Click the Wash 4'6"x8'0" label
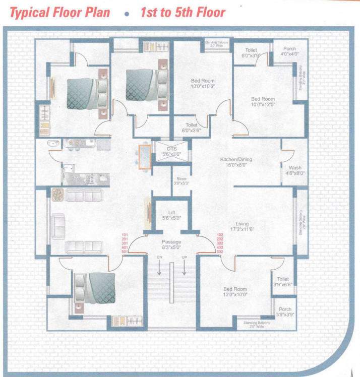(x=295, y=170)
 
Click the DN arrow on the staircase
(x=159, y=264)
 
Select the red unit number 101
(x=125, y=235)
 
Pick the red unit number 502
(x=220, y=252)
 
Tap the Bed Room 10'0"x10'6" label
(x=202, y=84)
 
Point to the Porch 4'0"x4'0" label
(x=290, y=51)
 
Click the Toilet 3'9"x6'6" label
(x=283, y=281)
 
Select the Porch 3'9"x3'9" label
(x=285, y=312)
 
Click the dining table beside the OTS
(x=144, y=156)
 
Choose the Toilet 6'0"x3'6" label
(x=192, y=127)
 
